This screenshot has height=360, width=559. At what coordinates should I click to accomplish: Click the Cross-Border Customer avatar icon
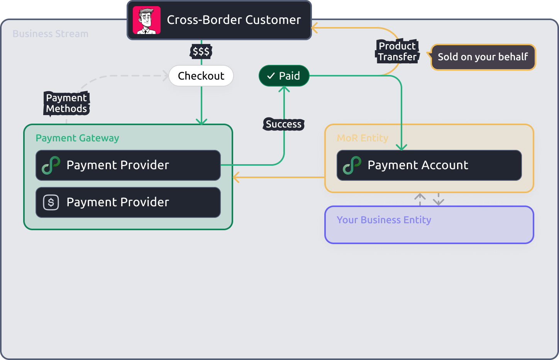(x=147, y=20)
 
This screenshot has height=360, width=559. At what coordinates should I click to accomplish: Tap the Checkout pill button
(x=201, y=76)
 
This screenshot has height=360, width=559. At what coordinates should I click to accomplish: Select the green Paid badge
(x=284, y=76)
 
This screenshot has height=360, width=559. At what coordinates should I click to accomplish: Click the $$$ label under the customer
(x=201, y=51)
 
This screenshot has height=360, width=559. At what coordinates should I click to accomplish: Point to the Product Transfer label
(x=397, y=51)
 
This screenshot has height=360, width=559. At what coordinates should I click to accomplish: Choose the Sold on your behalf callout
(x=483, y=57)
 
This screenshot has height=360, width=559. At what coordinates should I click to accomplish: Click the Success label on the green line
(x=284, y=124)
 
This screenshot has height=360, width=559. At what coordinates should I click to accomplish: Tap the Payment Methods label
(x=66, y=103)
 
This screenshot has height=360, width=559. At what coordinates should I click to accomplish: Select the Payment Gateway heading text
(x=77, y=138)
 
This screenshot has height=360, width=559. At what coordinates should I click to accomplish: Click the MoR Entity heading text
(x=363, y=138)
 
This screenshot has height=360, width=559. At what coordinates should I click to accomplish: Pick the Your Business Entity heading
(x=384, y=220)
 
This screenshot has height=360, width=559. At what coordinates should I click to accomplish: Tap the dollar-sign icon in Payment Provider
(x=51, y=202)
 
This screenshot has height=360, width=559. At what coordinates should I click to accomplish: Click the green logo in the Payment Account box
(x=352, y=165)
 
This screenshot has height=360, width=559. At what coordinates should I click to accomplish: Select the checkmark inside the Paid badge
(x=271, y=76)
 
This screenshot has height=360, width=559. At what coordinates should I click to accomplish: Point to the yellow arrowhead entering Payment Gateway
(x=236, y=177)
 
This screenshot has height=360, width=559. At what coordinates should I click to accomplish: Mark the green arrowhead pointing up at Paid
(x=284, y=89)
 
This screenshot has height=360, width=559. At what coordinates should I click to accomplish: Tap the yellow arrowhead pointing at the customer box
(x=315, y=28)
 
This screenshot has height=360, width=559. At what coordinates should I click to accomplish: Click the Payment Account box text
(x=418, y=165)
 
